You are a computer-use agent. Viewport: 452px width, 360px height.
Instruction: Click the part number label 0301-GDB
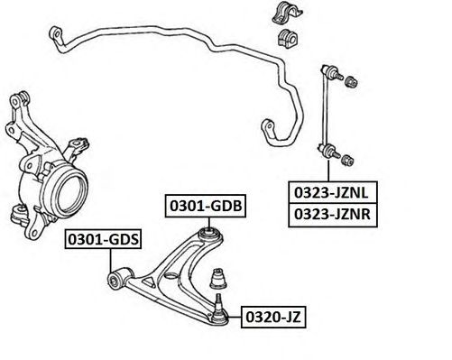tap(206, 206)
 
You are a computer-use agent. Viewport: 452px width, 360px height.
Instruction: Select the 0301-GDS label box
tap(103, 239)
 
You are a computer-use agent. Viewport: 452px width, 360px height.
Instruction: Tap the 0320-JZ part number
tap(273, 317)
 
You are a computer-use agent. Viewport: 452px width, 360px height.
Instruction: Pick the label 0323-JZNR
tap(333, 215)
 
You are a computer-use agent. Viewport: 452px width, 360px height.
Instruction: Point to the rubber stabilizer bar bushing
tap(286, 38)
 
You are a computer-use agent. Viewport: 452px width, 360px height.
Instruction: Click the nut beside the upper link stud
tap(351, 81)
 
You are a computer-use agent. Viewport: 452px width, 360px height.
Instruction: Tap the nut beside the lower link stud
tap(347, 160)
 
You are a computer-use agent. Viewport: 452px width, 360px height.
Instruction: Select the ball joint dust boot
tap(218, 279)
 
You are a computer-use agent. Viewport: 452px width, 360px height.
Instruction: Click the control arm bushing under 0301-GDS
tap(115, 280)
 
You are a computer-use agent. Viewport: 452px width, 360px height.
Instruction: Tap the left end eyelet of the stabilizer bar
tap(56, 33)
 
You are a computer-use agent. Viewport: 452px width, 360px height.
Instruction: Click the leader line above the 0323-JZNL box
tap(328, 171)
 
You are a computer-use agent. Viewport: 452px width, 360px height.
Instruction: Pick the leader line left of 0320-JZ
tap(234, 317)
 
